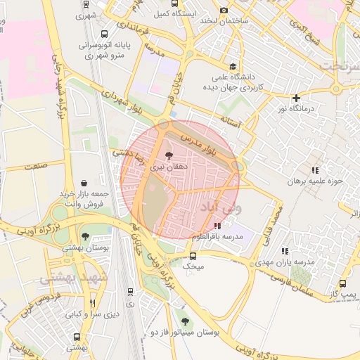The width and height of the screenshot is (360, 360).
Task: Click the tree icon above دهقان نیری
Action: (168, 155)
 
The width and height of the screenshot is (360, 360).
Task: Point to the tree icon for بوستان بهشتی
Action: (85, 236)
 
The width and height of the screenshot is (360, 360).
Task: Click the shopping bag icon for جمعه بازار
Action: (84, 183)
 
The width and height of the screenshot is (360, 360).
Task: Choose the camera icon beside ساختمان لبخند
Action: (224, 11)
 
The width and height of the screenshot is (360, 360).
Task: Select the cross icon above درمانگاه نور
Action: (297, 98)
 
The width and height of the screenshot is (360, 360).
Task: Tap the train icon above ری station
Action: (130, 291)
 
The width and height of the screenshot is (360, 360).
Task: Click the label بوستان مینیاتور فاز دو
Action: (185, 331)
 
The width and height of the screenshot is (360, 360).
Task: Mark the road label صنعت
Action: (34, 167)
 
